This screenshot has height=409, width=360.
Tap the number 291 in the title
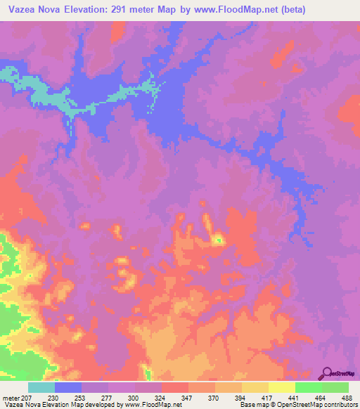(x=133, y=11)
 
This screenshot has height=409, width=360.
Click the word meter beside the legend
(x=11, y=397)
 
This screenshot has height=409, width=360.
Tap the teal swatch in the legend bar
(x=41, y=387)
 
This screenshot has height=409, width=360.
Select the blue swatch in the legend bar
(x=68, y=387)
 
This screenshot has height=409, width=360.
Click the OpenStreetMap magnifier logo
(x=327, y=372)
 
